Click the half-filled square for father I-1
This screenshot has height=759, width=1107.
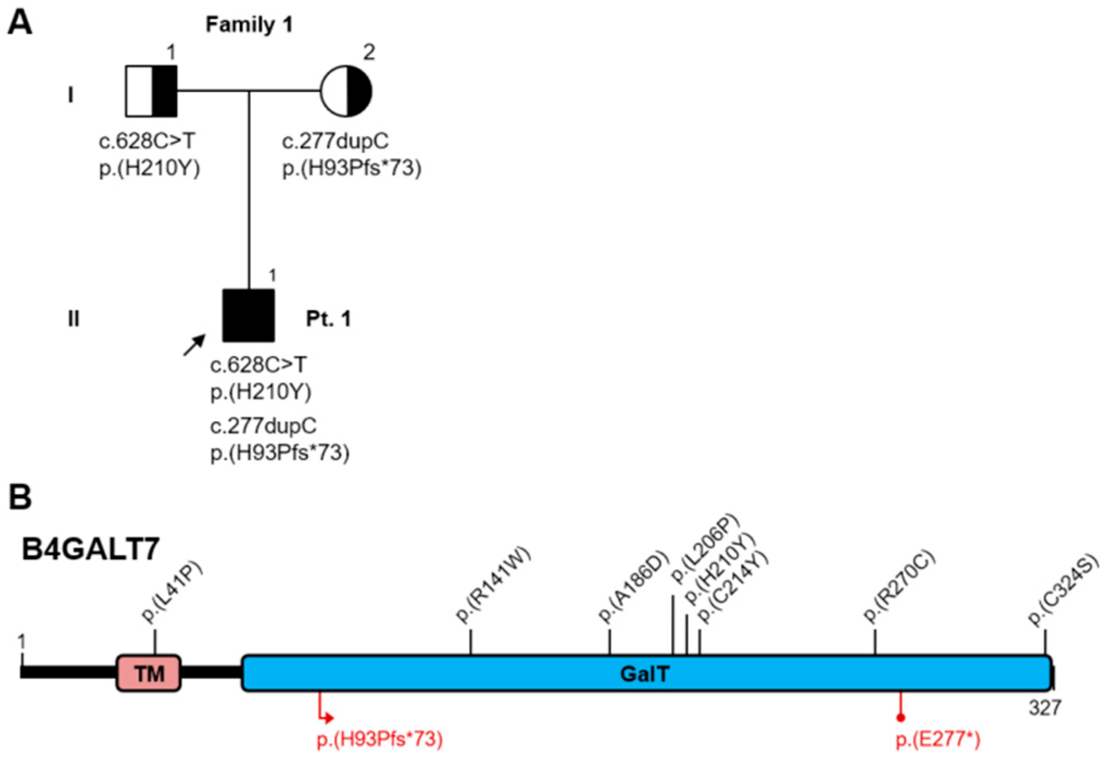tap(151, 91)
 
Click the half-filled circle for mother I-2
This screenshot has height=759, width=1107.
tap(346, 91)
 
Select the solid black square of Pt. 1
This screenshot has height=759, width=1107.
tap(248, 316)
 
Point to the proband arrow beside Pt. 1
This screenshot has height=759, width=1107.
tap(194, 345)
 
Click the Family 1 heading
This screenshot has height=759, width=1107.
tap(249, 24)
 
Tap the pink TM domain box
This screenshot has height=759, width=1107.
tap(149, 673)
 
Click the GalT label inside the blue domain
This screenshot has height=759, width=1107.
tap(645, 674)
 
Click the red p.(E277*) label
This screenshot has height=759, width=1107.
tap(938, 739)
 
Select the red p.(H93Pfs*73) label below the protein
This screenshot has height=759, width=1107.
tap(380, 739)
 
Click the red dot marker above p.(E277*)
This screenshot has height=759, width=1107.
tap(901, 718)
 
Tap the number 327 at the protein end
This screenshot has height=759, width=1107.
tap(1045, 708)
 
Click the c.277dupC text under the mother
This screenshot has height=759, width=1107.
tap(335, 141)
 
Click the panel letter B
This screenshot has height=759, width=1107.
tap(20, 497)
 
